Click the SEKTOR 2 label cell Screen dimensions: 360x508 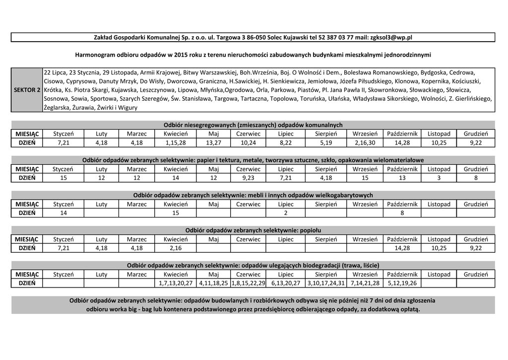[27, 90]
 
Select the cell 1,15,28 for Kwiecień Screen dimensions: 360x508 [176, 143]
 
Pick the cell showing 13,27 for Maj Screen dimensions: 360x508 [213, 143]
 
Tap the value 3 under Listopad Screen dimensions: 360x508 [439, 177]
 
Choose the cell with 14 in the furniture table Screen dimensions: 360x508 [63, 213]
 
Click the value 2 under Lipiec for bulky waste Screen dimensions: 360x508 [286, 213]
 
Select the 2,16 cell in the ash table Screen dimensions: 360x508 [176, 248]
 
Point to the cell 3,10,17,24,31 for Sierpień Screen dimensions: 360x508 [326, 283]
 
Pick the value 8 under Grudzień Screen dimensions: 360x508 [476, 177]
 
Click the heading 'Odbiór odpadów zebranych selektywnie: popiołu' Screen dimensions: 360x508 [253, 230]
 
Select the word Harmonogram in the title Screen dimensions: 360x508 [97, 54]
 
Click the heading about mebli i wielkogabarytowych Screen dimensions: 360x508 [253, 195]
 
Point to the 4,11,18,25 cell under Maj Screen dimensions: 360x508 [213, 283]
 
